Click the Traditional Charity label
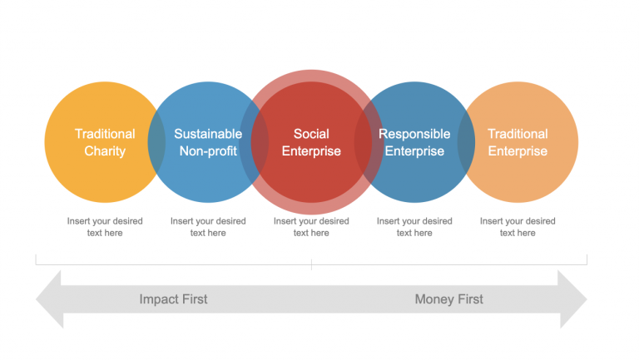click(105, 142)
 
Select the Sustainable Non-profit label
click(208, 142)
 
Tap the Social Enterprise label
click(311, 142)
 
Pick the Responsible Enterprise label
click(414, 142)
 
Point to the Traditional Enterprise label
click(518, 142)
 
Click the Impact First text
click(173, 299)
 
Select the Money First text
click(448, 299)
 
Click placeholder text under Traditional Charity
click(105, 227)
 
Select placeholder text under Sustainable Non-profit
click(208, 227)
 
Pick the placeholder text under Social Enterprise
click(311, 227)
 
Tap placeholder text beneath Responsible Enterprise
click(414, 227)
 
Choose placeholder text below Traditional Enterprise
click(518, 227)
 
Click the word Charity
click(105, 151)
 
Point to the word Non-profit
click(208, 151)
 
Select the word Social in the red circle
click(311, 134)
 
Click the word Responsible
click(414, 134)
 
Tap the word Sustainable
click(208, 134)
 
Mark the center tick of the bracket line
click(311, 264)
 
